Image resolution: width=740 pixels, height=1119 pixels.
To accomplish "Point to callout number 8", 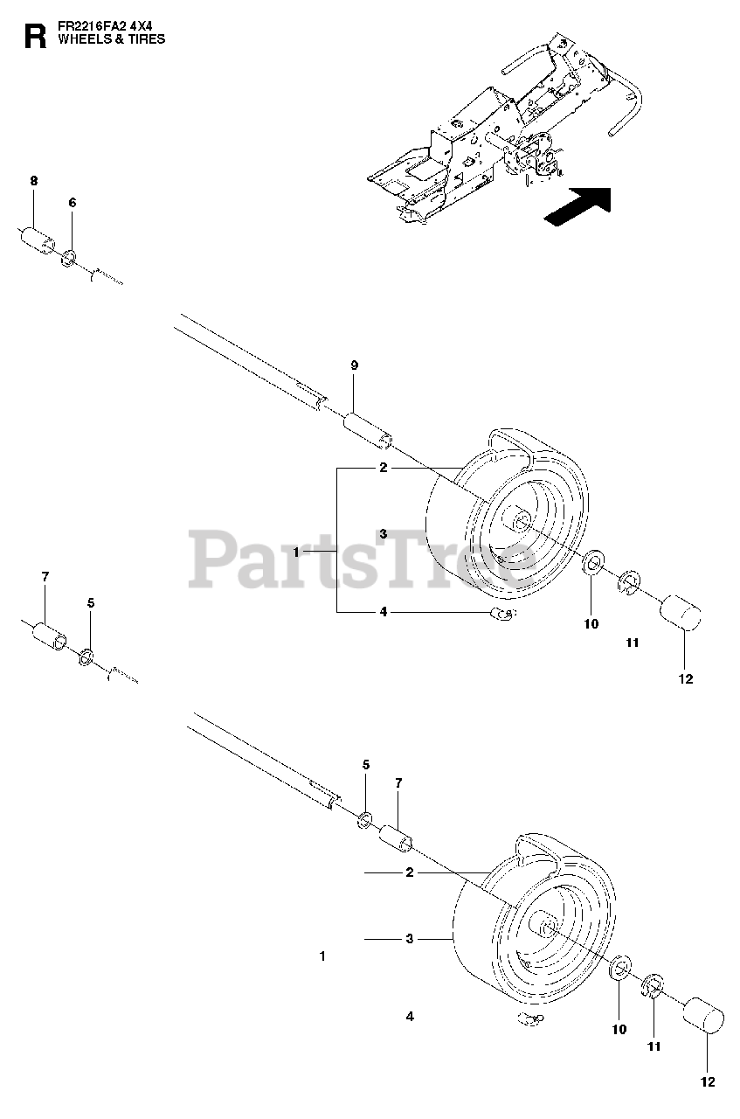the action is click(34, 181).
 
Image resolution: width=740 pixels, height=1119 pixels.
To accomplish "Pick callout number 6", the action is click(73, 203).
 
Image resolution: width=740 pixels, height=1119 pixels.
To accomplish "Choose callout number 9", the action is click(354, 365).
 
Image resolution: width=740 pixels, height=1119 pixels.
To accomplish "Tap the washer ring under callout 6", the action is click(68, 257).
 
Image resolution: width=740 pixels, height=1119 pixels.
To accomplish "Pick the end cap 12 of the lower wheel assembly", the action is click(703, 1017).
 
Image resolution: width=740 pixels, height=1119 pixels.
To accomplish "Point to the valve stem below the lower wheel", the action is click(530, 1018).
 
